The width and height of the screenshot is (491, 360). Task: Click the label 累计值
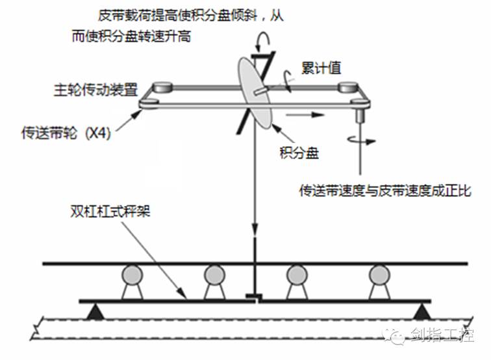point(321,68)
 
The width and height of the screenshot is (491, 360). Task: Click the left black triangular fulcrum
point(95,313)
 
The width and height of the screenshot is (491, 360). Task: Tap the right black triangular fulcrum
point(422,313)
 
